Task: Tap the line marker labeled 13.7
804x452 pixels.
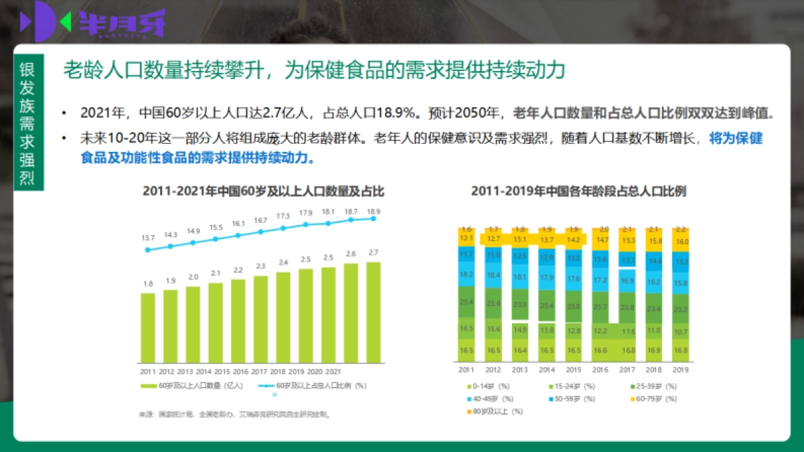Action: tap(147, 250)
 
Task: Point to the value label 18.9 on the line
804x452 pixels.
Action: tap(374, 211)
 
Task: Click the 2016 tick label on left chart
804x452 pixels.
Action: tap(240, 370)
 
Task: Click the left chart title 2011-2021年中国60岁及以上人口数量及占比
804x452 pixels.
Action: tap(263, 192)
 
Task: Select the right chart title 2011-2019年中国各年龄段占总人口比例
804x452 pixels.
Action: tap(578, 192)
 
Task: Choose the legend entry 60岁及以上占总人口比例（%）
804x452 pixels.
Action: tap(315, 386)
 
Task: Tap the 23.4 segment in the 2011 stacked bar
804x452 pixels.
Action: tap(466, 303)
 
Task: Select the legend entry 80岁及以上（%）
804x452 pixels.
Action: tap(496, 411)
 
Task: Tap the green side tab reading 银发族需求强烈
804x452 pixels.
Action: tap(29, 123)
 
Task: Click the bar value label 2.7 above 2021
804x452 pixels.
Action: tap(374, 252)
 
